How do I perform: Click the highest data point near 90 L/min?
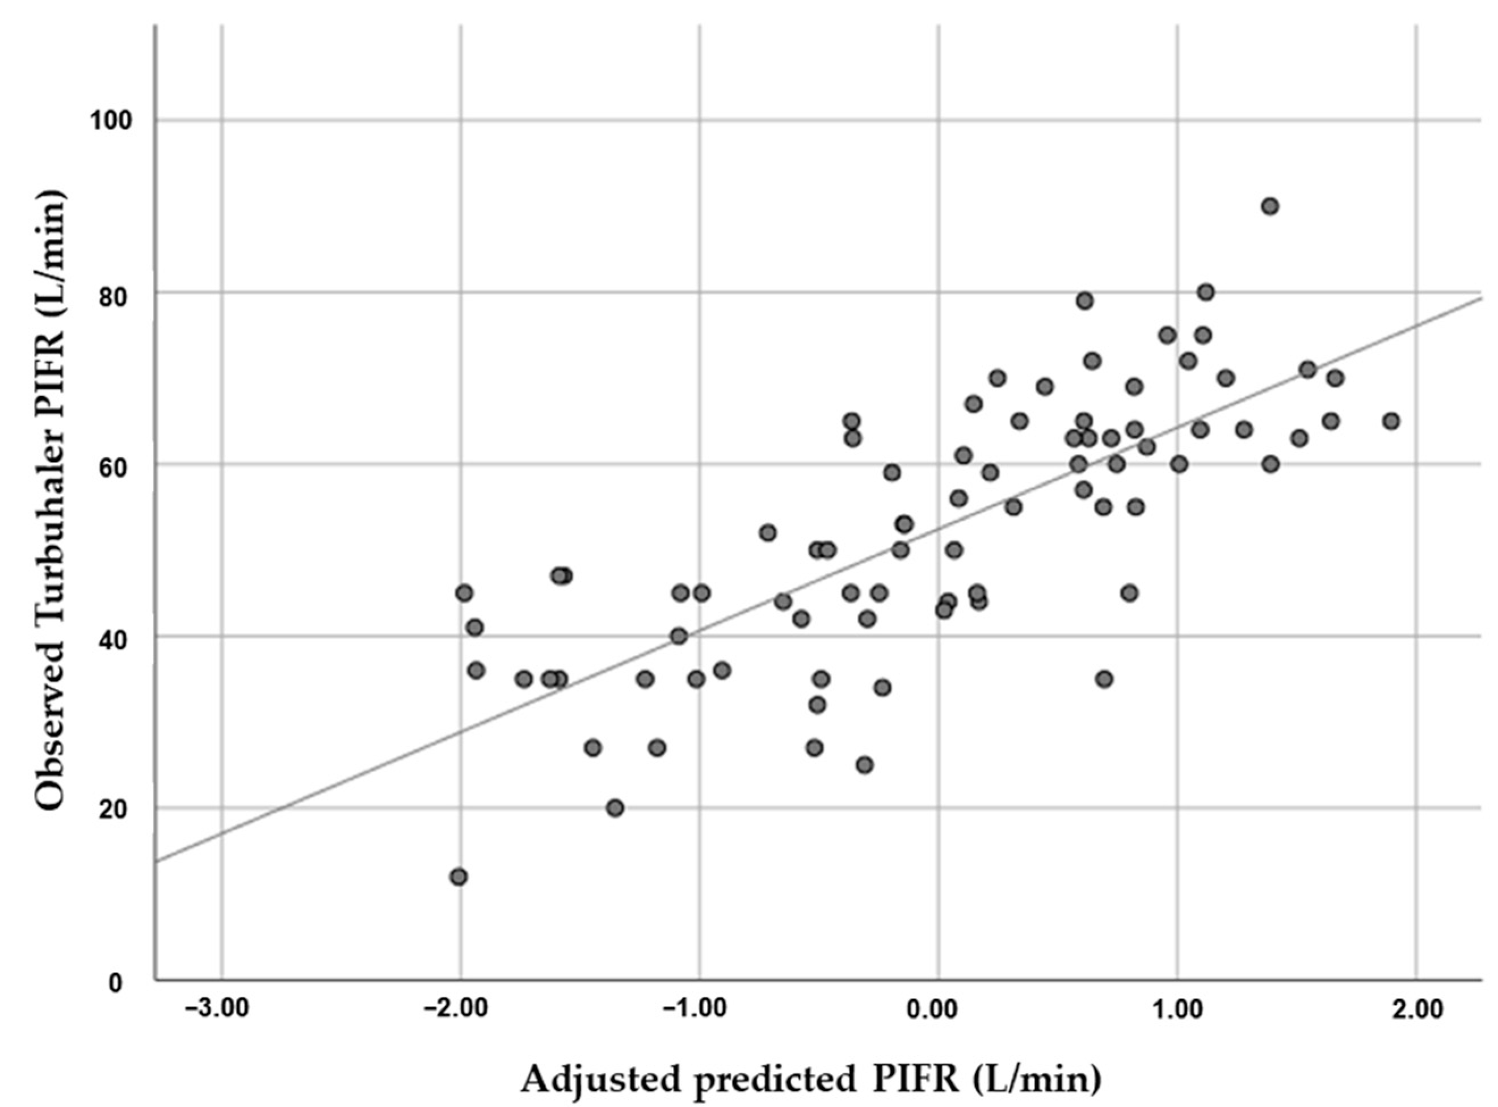pyautogui.click(x=1269, y=207)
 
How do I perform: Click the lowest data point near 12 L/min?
pyautogui.click(x=458, y=877)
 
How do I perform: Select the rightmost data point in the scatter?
pyautogui.click(x=1391, y=422)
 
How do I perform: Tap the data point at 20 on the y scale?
pyautogui.click(x=615, y=808)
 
